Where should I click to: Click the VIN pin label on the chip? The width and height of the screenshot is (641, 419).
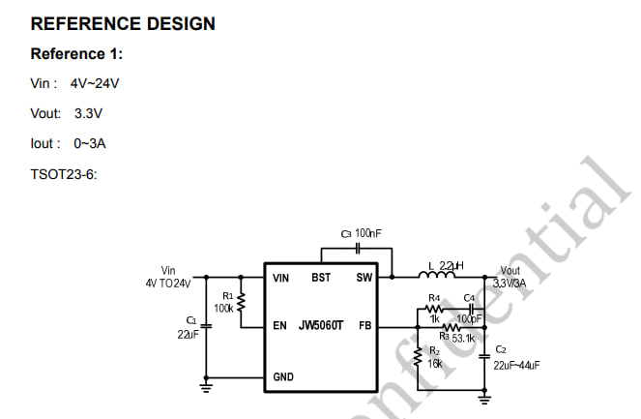point(282,278)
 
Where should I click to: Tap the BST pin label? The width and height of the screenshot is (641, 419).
point(321,278)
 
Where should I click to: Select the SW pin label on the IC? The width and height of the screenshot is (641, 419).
point(364,278)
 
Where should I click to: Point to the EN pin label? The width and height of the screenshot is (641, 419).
point(280,325)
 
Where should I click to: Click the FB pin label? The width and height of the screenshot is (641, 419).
point(364,325)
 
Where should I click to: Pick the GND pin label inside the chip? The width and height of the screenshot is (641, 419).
point(283,376)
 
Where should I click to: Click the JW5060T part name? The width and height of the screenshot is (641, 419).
point(322,325)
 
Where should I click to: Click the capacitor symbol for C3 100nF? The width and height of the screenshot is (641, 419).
point(358,248)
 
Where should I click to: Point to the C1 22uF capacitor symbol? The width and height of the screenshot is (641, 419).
point(207,326)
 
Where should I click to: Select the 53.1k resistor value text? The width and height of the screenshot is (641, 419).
point(463,338)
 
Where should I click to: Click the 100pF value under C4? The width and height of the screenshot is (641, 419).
point(470,318)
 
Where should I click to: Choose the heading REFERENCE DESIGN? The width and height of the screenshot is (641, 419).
point(123,23)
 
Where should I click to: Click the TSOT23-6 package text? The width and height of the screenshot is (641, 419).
point(64,174)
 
